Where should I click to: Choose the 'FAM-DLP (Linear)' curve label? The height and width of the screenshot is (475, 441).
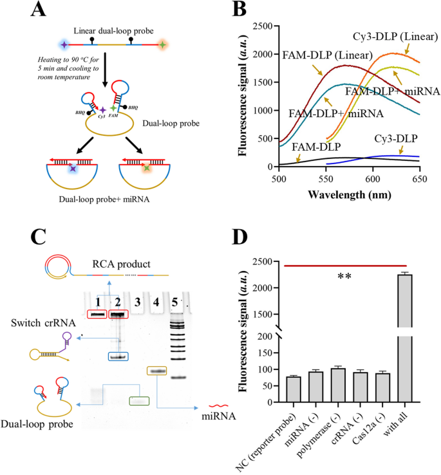[x=320, y=55]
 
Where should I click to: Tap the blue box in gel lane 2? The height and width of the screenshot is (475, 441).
[x=116, y=356]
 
